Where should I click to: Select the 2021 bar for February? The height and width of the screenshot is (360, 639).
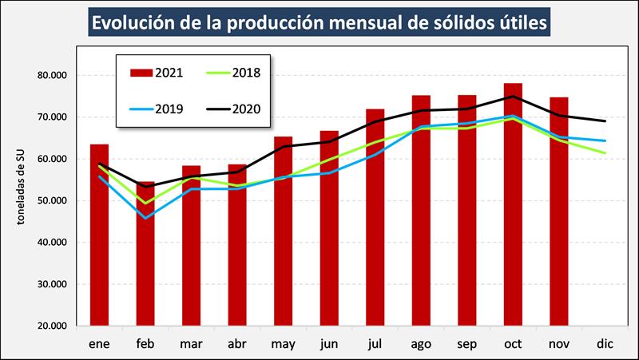[x=145, y=263]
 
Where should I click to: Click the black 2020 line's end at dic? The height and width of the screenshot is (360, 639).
[x=604, y=121]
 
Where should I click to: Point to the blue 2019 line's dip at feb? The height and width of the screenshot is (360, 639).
[x=145, y=217]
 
